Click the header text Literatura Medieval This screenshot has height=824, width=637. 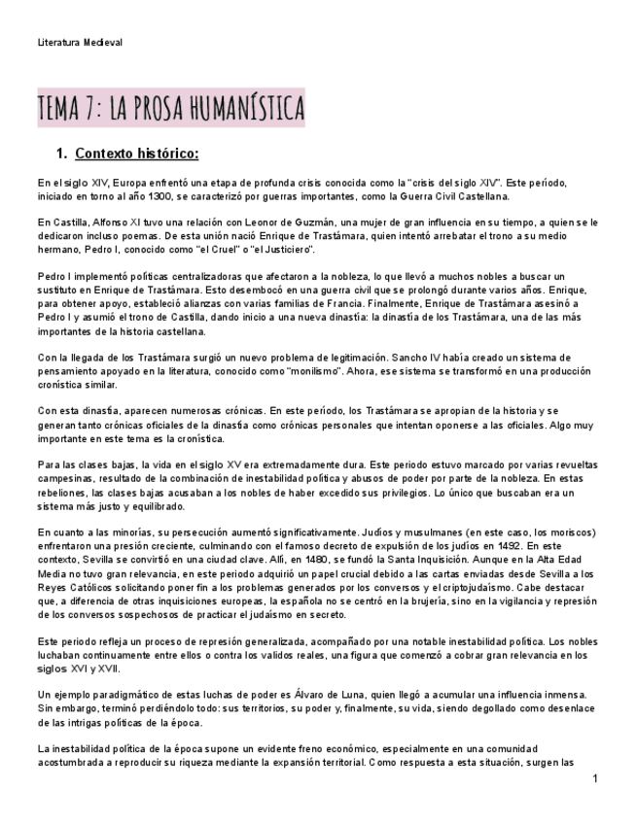click(80, 42)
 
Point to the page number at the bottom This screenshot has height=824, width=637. click(593, 779)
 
